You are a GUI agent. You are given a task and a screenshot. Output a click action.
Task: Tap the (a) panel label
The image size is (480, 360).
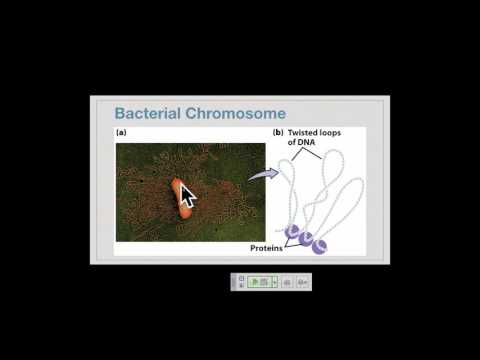pyautogui.click(x=121, y=133)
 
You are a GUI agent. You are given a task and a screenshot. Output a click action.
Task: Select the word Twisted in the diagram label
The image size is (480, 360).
pyautogui.click(x=311, y=133)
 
